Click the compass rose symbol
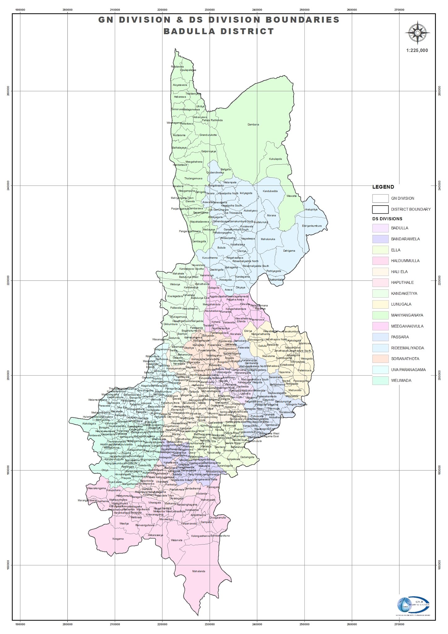pyautogui.click(x=417, y=32)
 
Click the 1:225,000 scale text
pyautogui.click(x=417, y=50)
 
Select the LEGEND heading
pyautogui.click(x=383, y=187)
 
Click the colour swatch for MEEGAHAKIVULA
pyautogui.click(x=380, y=326)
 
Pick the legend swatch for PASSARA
pyautogui.click(x=380, y=337)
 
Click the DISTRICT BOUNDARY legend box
pyautogui.click(x=380, y=209)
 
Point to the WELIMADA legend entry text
pyautogui.click(x=401, y=380)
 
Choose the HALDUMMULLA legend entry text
pyautogui.click(x=405, y=261)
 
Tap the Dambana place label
pyautogui.click(x=253, y=124)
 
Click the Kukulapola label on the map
pyautogui.click(x=275, y=159)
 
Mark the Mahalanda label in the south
pyautogui.click(x=198, y=571)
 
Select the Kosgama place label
pyautogui.click(x=118, y=539)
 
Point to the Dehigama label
pyautogui.click(x=289, y=251)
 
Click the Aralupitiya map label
pyautogui.click(x=311, y=210)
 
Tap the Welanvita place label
pyautogui.click(x=177, y=540)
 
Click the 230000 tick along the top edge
pyautogui.click(x=210, y=10)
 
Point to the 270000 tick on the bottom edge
pyautogui.click(x=399, y=624)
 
